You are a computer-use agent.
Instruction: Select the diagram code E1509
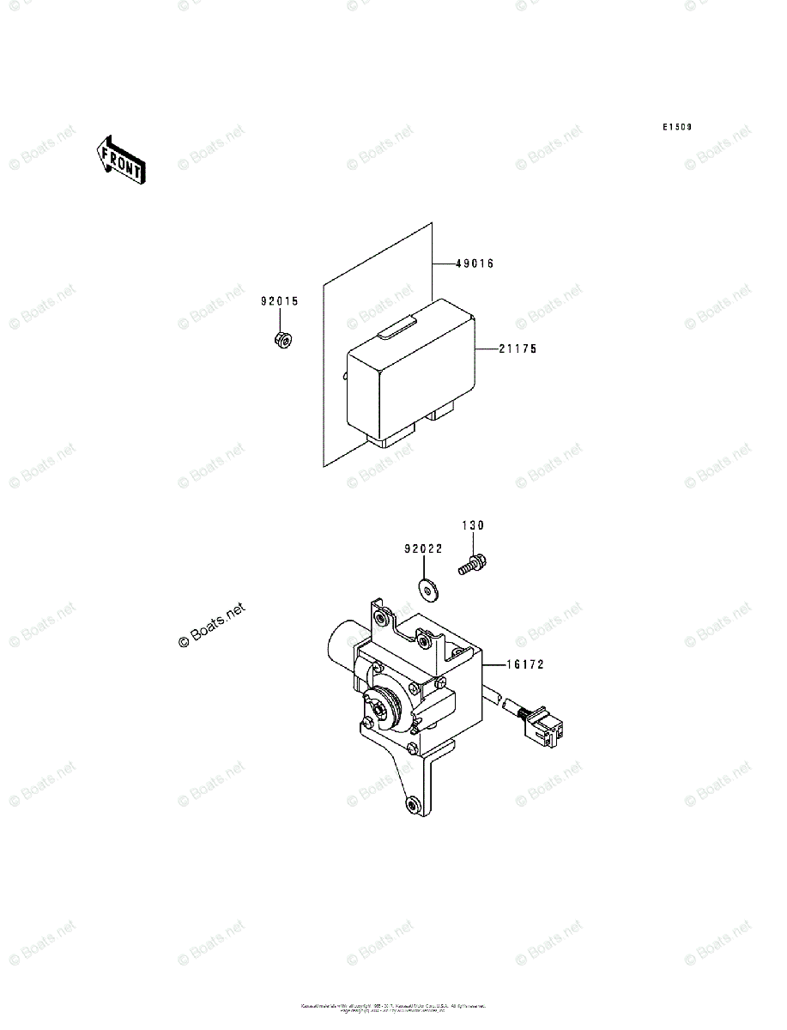676,127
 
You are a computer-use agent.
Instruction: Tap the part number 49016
475,264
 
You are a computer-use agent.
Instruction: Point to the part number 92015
280,301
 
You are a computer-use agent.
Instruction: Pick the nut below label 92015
281,340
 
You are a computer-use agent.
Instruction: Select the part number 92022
423,548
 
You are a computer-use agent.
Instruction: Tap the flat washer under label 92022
427,588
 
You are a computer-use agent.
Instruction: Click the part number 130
474,525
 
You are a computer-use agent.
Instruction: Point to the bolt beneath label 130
469,566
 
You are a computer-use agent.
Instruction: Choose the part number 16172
524,664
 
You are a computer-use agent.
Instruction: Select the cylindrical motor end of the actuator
342,648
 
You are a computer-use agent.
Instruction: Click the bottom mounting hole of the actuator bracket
414,803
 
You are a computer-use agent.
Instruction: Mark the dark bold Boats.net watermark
211,627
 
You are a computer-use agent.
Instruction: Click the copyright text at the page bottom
393,1007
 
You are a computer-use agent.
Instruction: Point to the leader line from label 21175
485,349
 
